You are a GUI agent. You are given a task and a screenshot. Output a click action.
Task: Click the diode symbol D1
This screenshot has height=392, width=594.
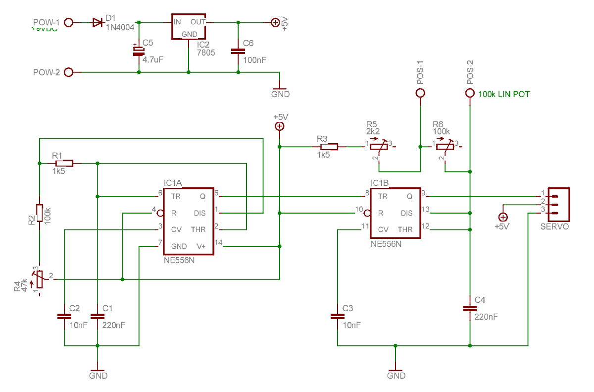(98, 22)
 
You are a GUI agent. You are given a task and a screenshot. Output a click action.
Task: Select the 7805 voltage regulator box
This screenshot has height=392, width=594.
(188, 26)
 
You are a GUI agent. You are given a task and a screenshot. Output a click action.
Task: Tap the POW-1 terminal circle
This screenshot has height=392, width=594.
(69, 22)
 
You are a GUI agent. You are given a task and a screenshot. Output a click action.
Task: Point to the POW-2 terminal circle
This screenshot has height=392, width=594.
(69, 72)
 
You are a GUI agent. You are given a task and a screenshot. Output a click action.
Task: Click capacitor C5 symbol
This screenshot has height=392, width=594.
(138, 51)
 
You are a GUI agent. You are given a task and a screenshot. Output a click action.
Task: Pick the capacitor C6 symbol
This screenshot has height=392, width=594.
(238, 51)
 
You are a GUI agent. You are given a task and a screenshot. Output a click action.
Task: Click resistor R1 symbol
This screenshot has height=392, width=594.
(64, 163)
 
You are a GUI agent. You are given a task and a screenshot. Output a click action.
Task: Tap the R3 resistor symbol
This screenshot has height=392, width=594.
(329, 147)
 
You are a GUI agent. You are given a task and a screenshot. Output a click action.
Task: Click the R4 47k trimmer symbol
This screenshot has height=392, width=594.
(39, 280)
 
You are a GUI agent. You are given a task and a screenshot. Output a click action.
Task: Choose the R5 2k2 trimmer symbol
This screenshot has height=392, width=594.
(378, 147)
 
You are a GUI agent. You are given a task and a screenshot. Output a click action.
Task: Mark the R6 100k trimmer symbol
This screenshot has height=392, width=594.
(445, 147)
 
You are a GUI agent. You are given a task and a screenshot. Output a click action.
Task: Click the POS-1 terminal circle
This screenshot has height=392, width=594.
(420, 93)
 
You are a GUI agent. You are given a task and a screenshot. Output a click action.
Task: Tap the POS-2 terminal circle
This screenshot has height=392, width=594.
(470, 93)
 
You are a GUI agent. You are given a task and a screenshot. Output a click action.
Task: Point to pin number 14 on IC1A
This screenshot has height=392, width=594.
(219, 242)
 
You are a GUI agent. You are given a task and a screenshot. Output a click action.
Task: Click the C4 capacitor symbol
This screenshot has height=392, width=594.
(470, 308)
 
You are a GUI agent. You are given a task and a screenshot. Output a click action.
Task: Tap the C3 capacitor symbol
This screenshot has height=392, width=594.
(337, 316)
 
